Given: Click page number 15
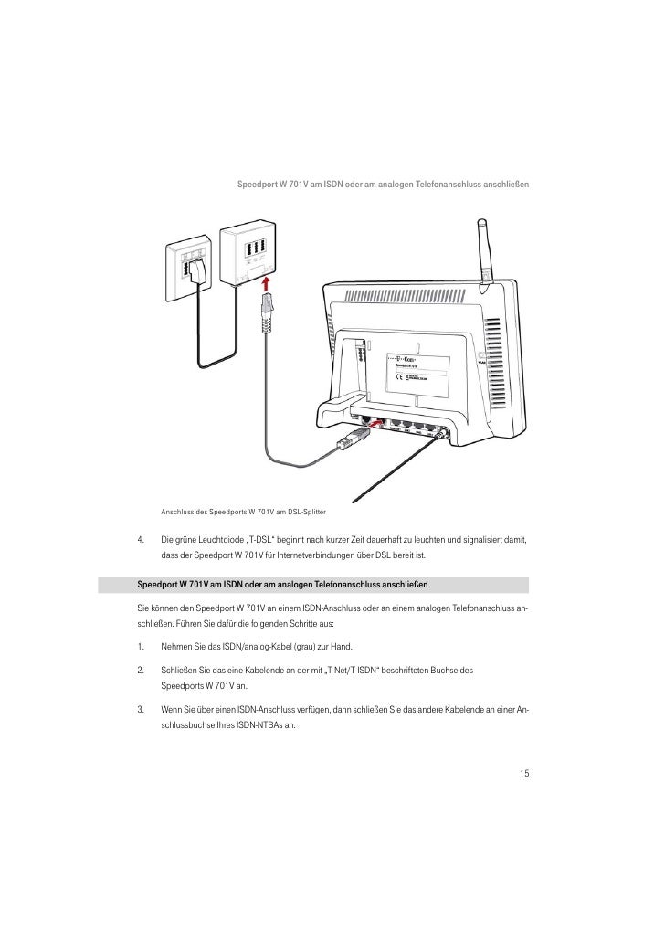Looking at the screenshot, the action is point(524,774).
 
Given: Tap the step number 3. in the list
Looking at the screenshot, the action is point(141,710).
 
